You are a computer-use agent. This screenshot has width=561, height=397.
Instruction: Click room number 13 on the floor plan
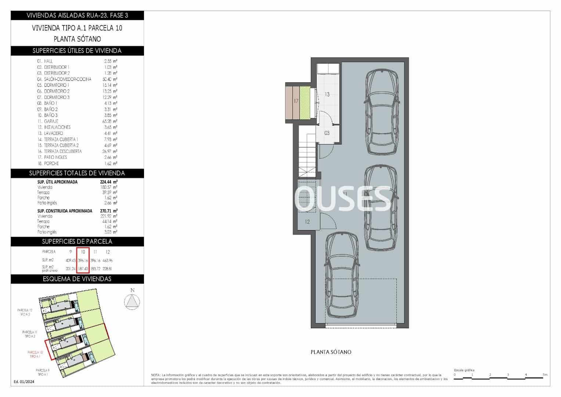point(327,94)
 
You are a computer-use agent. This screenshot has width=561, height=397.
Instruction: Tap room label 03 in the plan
point(327,133)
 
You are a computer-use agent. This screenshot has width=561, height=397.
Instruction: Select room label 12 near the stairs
point(308,222)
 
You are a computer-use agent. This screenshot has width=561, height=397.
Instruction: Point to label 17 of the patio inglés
point(296,101)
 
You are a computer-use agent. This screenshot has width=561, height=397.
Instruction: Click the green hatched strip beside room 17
point(305,103)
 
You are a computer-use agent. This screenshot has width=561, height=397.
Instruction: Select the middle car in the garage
point(381,208)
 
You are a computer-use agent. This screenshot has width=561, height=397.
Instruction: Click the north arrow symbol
point(132,301)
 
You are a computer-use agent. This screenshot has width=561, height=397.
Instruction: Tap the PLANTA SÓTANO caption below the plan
point(331,352)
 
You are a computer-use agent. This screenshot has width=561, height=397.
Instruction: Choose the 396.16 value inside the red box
point(83,260)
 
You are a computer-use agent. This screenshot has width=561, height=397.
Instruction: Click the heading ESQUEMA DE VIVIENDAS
point(77,279)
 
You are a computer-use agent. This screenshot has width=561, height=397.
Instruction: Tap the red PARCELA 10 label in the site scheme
point(35,354)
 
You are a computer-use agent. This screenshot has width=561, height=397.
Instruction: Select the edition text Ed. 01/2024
point(24,382)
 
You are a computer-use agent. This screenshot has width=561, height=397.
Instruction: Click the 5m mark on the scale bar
point(545,375)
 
